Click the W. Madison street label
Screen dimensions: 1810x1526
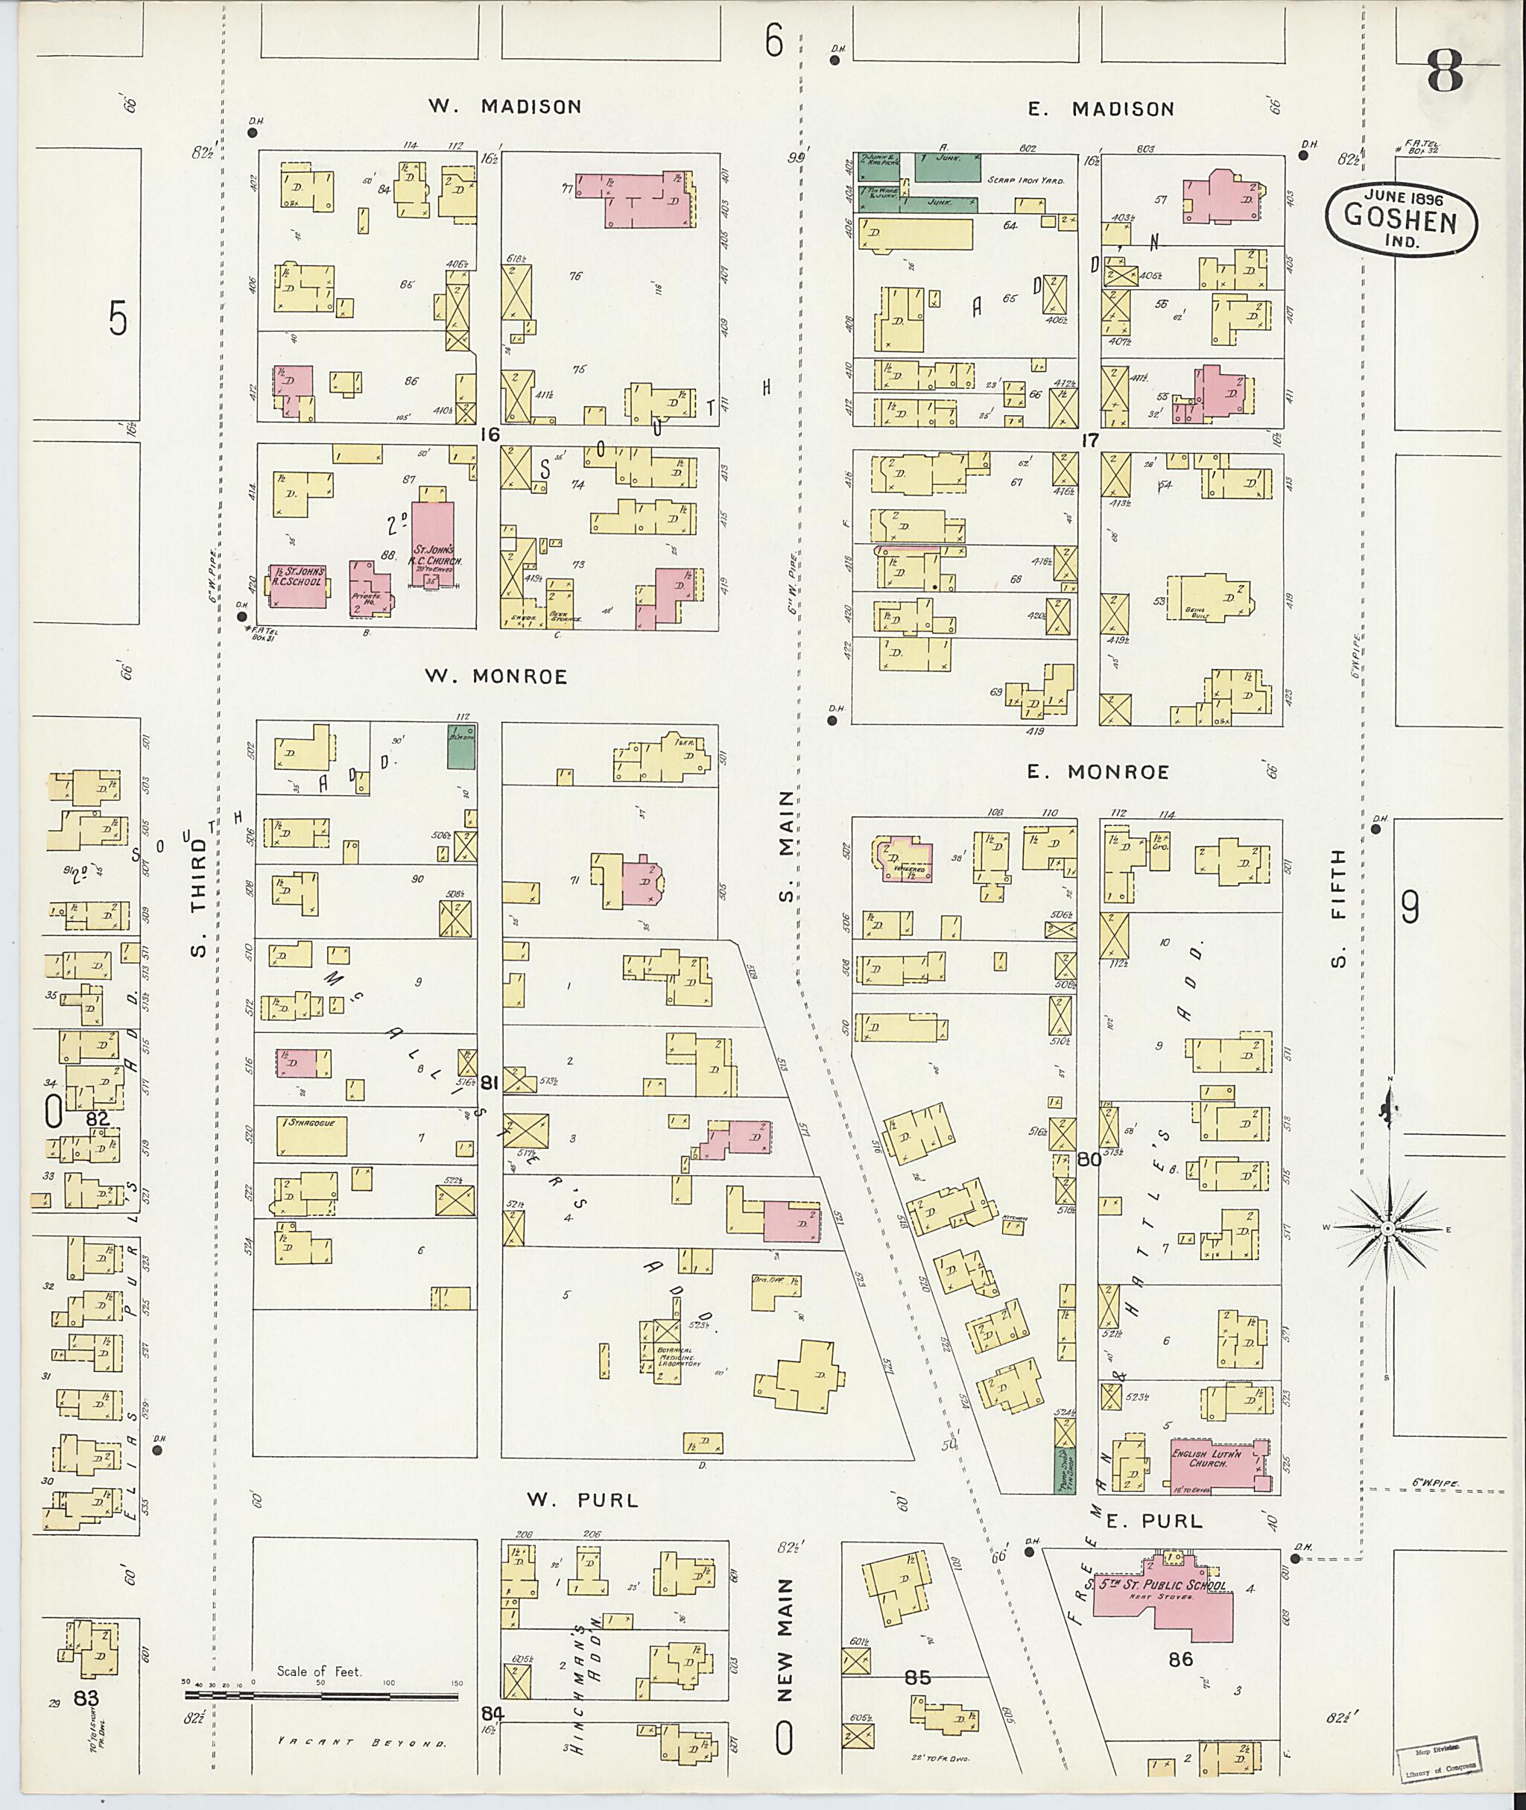coord(505,107)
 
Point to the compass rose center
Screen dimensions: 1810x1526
coord(1387,1229)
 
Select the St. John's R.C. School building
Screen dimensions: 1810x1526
coord(299,585)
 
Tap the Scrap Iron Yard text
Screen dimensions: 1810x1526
coord(1026,180)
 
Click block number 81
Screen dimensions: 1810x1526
coord(490,1083)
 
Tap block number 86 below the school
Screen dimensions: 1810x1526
coord(1180,1659)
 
